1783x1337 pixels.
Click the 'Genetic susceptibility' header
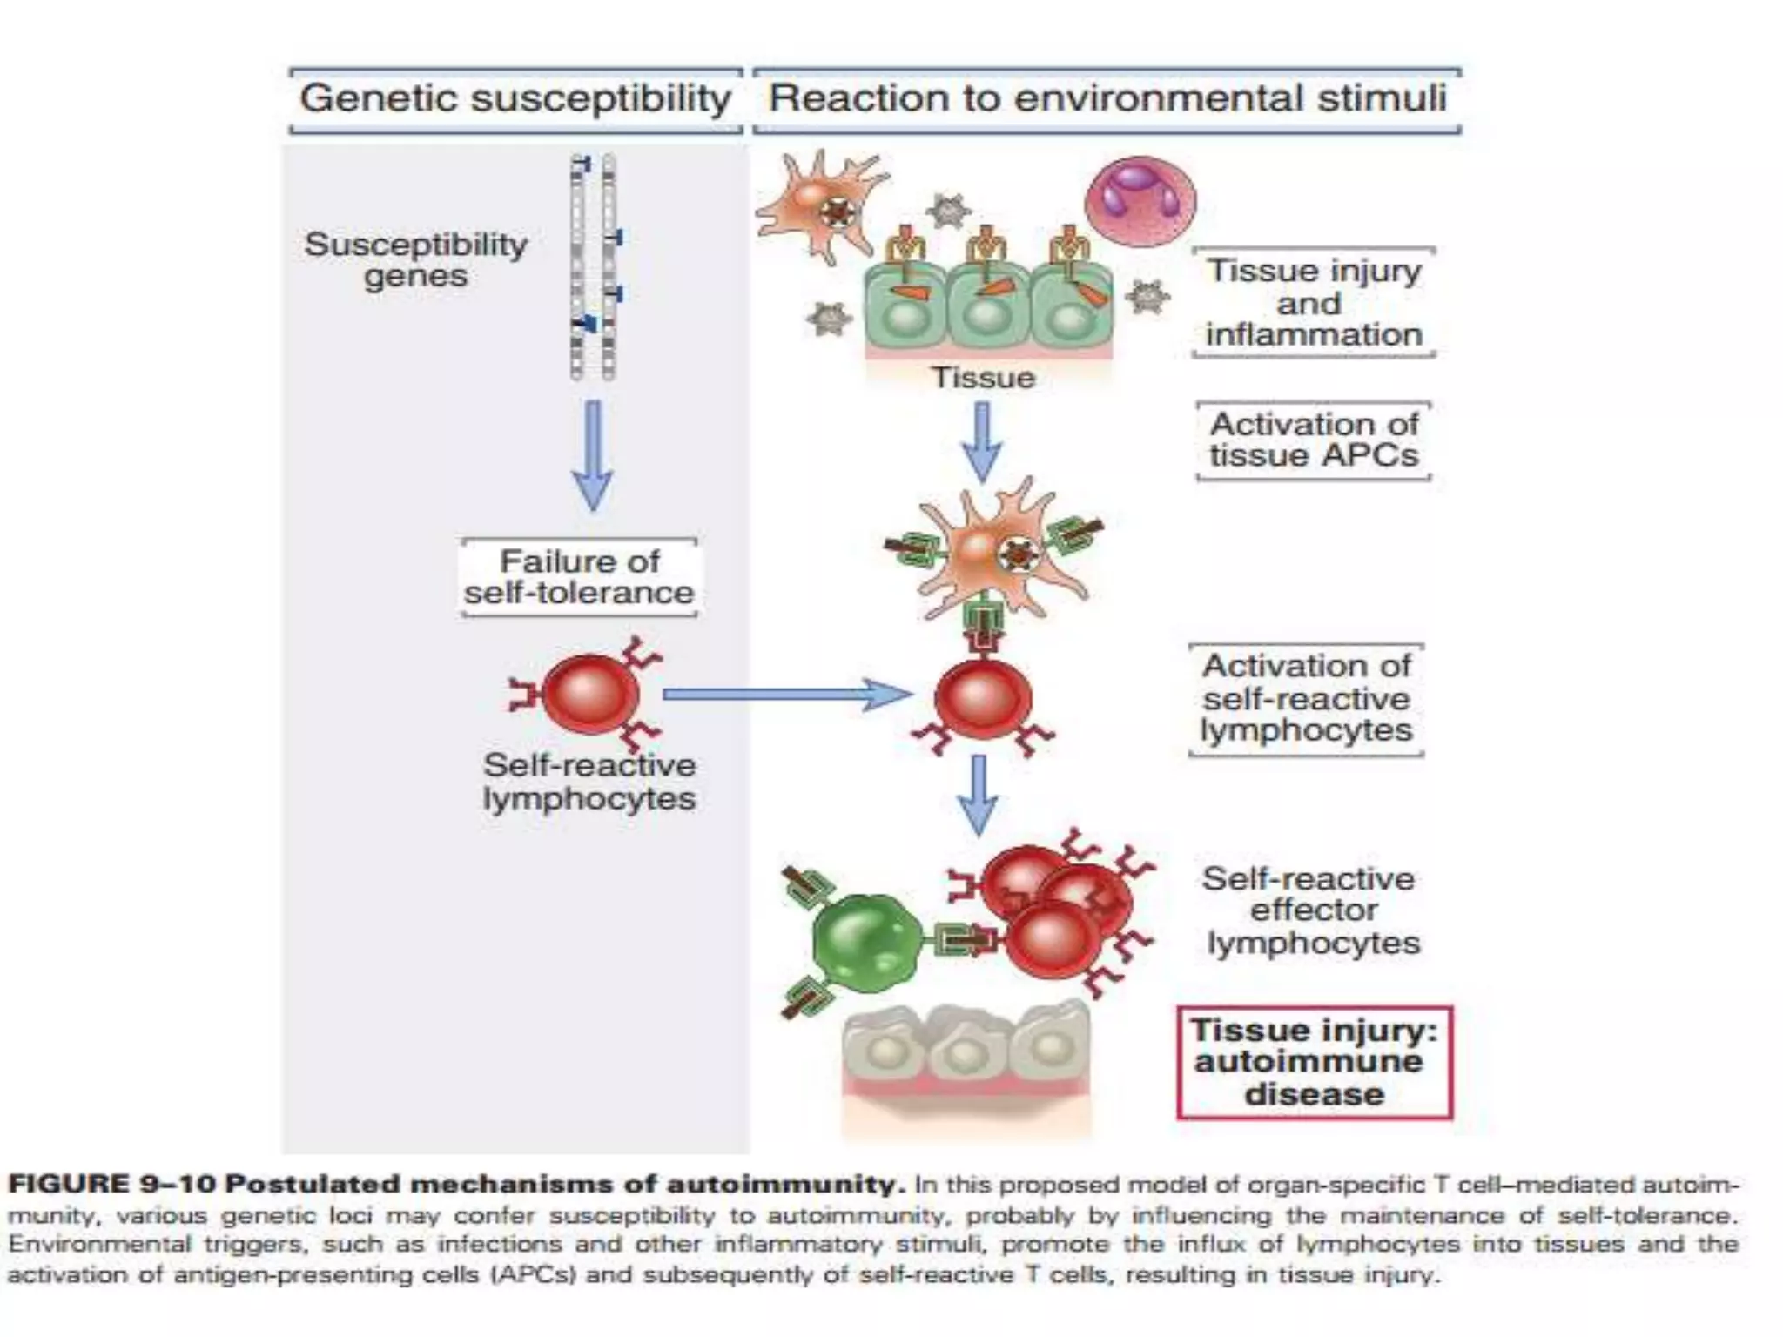click(515, 98)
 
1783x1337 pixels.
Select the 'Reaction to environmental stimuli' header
click(1107, 98)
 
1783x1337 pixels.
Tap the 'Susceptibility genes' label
click(416, 259)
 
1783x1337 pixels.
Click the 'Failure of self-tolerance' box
click(578, 577)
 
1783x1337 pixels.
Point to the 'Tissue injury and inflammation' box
click(1313, 302)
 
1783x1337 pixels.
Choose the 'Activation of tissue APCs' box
click(1313, 440)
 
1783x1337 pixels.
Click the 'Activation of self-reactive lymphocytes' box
click(1306, 698)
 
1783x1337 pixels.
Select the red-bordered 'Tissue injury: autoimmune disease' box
click(1314, 1062)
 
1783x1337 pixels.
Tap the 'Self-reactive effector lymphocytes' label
click(1311, 910)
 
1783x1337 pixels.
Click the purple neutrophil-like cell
click(1140, 200)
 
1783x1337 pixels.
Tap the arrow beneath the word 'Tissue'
click(982, 441)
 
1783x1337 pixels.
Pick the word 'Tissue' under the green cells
click(983, 378)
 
